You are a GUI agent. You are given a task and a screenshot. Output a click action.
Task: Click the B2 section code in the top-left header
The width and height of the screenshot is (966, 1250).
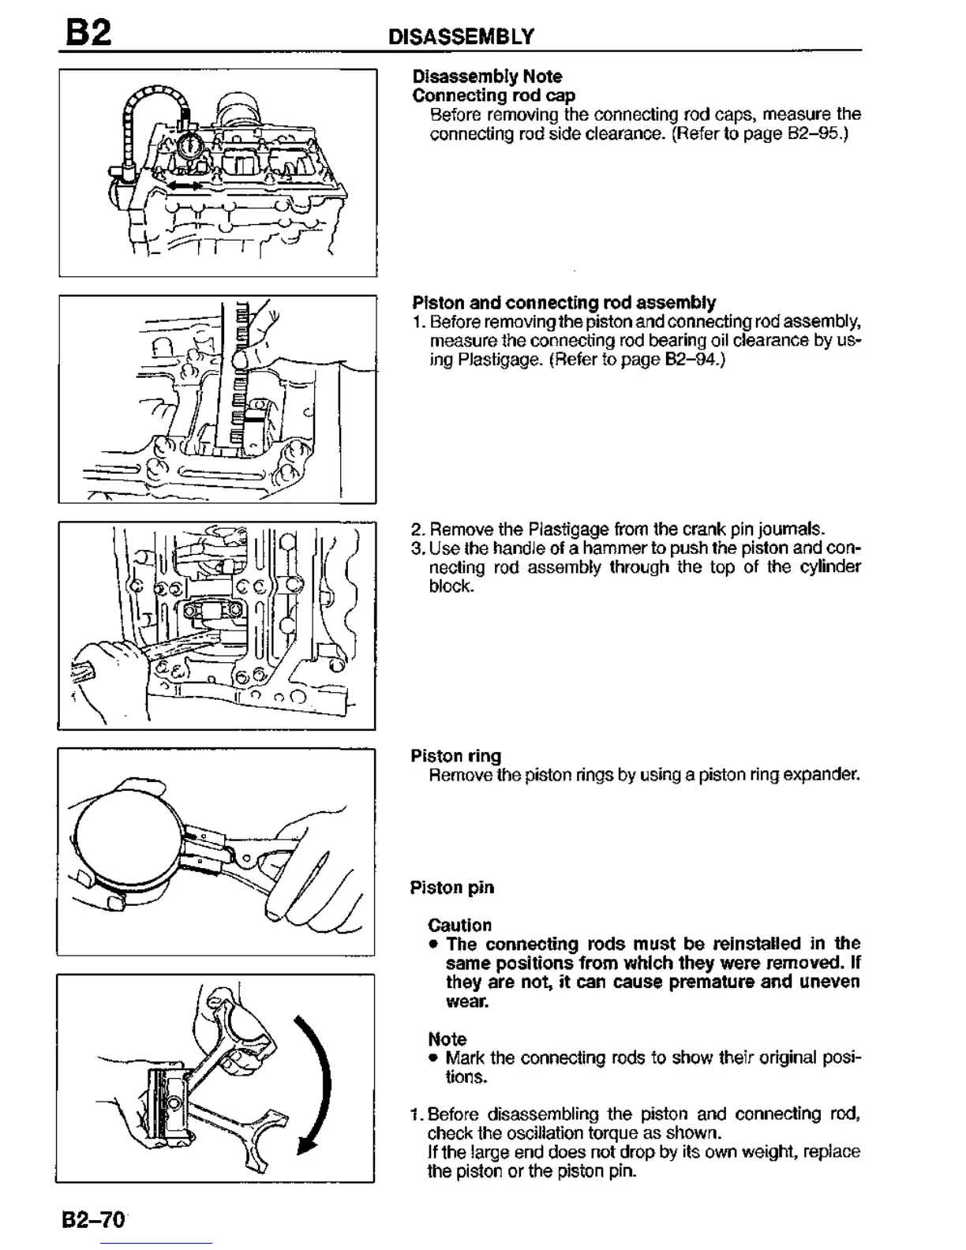pyautogui.click(x=88, y=33)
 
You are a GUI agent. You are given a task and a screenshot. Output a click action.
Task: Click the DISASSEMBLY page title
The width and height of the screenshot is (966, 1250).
pyautogui.click(x=462, y=36)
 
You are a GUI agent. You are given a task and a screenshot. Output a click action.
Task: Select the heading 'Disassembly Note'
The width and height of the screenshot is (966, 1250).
pyautogui.click(x=487, y=77)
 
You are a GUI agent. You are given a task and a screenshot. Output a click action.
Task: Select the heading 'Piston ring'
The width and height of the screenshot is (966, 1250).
pyautogui.click(x=455, y=756)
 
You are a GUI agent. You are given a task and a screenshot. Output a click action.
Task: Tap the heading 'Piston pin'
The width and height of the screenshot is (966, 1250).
pyautogui.click(x=451, y=888)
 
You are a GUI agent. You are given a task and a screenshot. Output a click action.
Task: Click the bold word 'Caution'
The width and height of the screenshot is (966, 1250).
pyautogui.click(x=459, y=925)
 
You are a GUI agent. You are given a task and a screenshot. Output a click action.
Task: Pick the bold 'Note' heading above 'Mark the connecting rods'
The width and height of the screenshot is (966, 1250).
pyautogui.click(x=447, y=1039)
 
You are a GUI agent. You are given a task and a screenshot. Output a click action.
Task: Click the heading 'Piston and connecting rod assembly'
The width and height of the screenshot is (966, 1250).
pyautogui.click(x=563, y=303)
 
